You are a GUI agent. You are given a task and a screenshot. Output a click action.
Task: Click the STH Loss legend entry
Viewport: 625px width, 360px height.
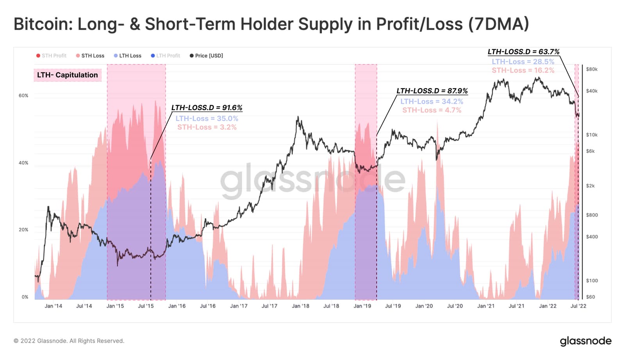(90, 56)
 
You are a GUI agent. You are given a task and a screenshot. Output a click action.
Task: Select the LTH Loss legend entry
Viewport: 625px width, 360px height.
(128, 56)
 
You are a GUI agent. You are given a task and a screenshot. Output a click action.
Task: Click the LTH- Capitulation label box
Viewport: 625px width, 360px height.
(68, 75)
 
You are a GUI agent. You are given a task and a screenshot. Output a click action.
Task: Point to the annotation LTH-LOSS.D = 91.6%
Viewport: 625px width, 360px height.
(207, 108)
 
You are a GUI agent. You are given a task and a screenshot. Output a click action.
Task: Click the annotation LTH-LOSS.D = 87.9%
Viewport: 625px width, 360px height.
(432, 91)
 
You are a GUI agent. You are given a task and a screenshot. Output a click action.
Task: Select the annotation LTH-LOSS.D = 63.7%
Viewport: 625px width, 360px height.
(523, 52)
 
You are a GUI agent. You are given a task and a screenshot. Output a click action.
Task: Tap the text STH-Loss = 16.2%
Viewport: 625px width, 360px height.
(523, 70)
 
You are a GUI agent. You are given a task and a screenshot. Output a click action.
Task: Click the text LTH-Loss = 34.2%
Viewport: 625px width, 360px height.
(432, 102)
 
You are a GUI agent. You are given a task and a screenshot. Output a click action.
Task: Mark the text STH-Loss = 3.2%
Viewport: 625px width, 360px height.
(207, 127)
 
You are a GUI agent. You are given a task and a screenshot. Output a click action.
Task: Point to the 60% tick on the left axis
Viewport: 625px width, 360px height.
(23, 96)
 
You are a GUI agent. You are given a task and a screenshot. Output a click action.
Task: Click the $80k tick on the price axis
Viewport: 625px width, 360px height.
(592, 70)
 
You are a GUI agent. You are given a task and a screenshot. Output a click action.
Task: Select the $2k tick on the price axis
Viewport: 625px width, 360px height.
(590, 186)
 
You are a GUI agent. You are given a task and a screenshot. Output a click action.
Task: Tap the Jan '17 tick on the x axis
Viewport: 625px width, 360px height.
(239, 306)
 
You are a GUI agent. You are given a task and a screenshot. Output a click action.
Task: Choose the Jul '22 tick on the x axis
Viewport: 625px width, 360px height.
(578, 306)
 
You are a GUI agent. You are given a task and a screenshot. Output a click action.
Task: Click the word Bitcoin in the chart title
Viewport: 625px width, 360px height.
(41, 24)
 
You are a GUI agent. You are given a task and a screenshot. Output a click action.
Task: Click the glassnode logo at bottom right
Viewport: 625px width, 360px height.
(586, 341)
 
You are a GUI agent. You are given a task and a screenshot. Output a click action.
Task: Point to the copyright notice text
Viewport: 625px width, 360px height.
(69, 341)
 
